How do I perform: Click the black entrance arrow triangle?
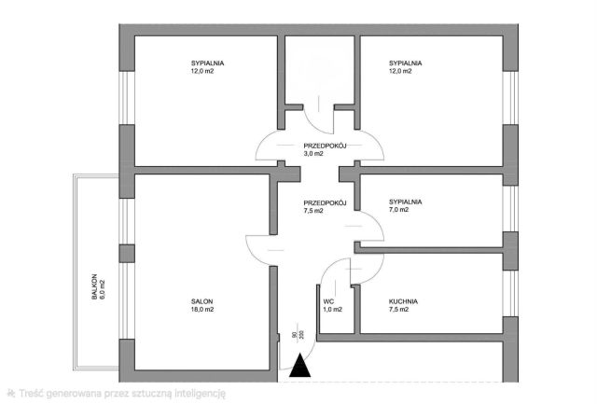[300, 366]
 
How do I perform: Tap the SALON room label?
[201, 301]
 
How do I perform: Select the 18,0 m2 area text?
[202, 310]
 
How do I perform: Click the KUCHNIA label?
[403, 301]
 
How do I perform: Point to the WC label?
[328, 301]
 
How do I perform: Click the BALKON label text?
[94, 286]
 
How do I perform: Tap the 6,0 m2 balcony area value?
[102, 290]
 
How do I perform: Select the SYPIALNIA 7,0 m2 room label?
[405, 205]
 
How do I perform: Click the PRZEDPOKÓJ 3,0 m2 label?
[325, 149]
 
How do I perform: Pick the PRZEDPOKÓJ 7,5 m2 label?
[325, 207]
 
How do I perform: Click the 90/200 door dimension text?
[298, 335]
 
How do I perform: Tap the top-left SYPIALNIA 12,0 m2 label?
[207, 67]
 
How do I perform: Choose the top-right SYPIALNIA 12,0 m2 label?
[405, 67]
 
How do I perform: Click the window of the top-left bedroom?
[127, 98]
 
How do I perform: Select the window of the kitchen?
[510, 293]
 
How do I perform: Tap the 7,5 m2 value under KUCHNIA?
[398, 310]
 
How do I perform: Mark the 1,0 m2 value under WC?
[332, 310]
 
